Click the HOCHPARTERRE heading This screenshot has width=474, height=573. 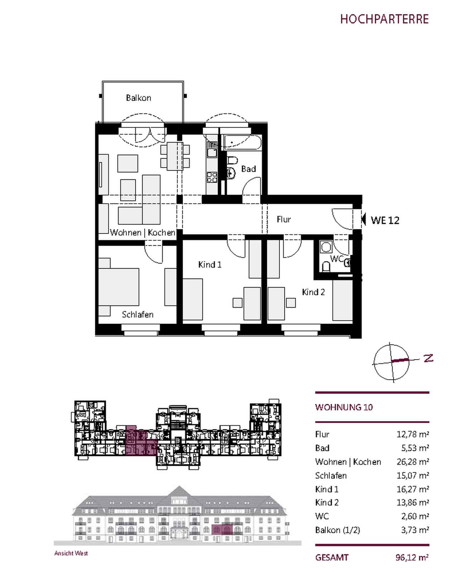click(x=384, y=19)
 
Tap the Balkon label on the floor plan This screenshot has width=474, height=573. click(x=138, y=98)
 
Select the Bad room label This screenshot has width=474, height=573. click(x=248, y=169)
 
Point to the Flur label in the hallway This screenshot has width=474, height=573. click(x=283, y=219)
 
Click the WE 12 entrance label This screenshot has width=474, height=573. click(x=385, y=220)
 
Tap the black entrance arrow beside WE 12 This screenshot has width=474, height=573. click(x=363, y=219)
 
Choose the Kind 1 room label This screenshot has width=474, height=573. click(x=210, y=265)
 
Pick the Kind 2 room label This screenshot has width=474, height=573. click(x=313, y=292)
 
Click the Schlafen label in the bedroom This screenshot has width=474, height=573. click(x=138, y=314)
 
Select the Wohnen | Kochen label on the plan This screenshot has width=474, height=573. click(x=143, y=232)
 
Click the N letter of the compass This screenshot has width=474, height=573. click(x=428, y=358)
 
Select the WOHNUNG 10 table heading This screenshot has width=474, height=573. click(x=344, y=407)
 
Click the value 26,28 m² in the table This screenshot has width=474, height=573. click(x=413, y=462)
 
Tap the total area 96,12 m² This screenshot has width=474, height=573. click(x=412, y=557)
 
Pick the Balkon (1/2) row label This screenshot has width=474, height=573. click(x=337, y=530)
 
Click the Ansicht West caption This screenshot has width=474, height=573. click(x=71, y=553)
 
